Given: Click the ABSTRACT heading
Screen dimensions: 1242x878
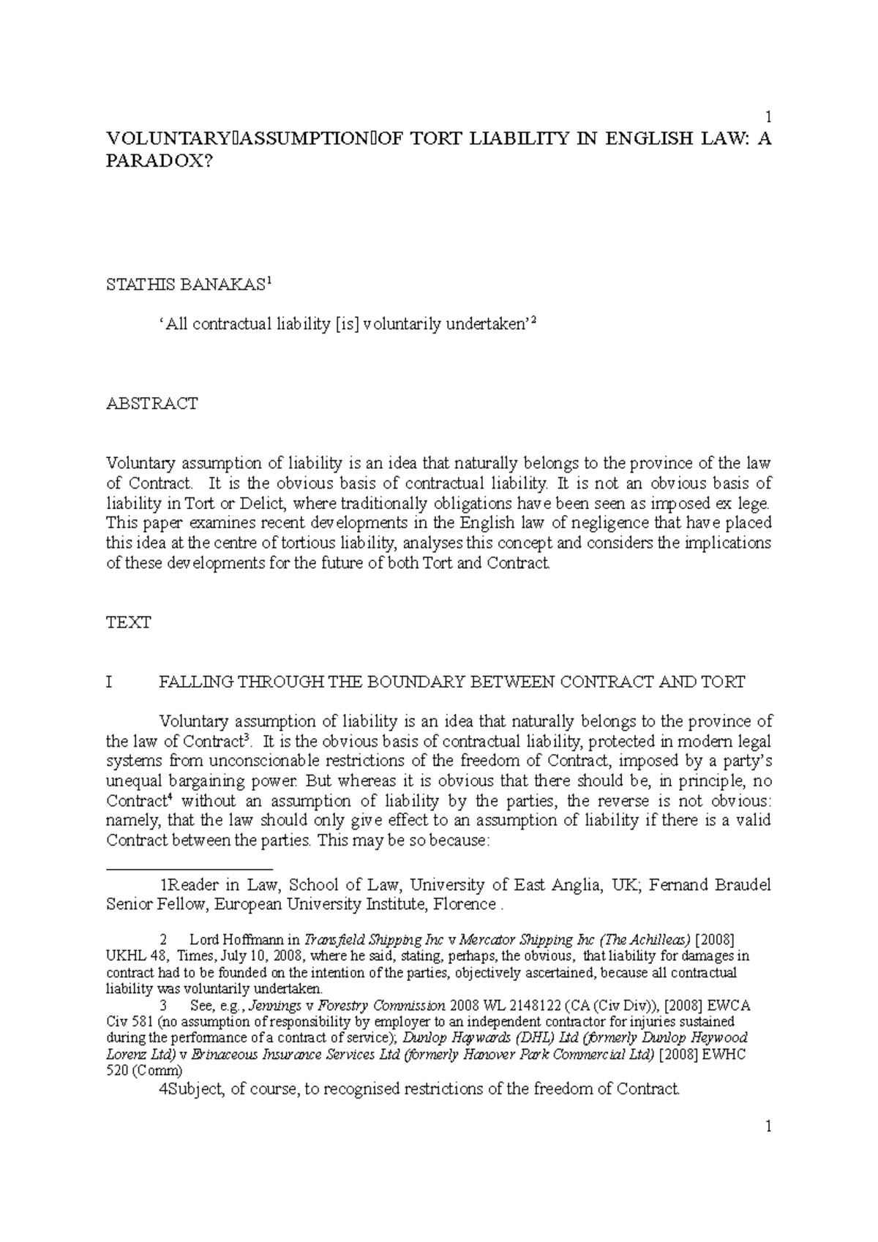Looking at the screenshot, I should click(151, 404).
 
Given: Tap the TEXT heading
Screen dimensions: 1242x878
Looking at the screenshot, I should click(129, 623).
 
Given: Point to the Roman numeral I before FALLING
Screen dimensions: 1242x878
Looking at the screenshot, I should click(110, 682).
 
